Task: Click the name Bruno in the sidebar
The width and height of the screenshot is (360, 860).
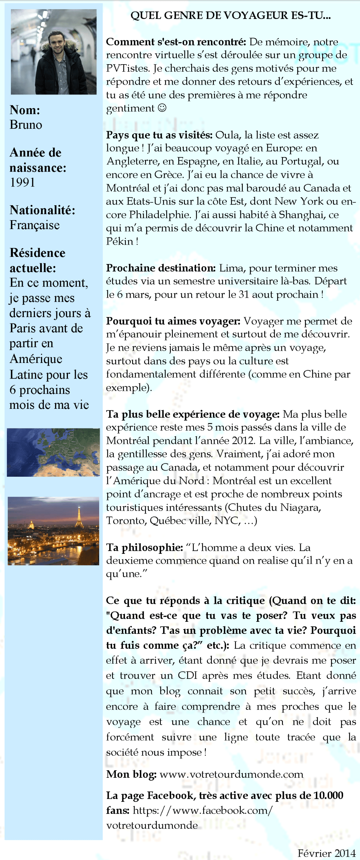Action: tap(26, 125)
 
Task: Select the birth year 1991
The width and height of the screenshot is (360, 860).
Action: tap(22, 182)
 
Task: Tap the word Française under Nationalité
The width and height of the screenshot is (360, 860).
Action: tap(35, 225)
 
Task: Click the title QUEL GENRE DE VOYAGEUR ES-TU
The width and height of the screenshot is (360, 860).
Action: tap(231, 16)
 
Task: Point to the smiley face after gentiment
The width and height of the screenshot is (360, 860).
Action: tap(162, 108)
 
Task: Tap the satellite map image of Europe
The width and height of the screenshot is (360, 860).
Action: tap(53, 452)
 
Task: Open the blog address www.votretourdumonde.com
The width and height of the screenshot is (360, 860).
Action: tap(231, 774)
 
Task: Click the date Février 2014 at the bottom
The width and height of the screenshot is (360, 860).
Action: tap(326, 853)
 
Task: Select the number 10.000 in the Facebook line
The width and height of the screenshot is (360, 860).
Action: tap(328, 795)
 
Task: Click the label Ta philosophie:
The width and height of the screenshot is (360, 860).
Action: tap(145, 547)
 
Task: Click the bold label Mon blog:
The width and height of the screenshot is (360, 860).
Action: tap(131, 774)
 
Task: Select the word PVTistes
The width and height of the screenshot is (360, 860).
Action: tap(128, 68)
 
